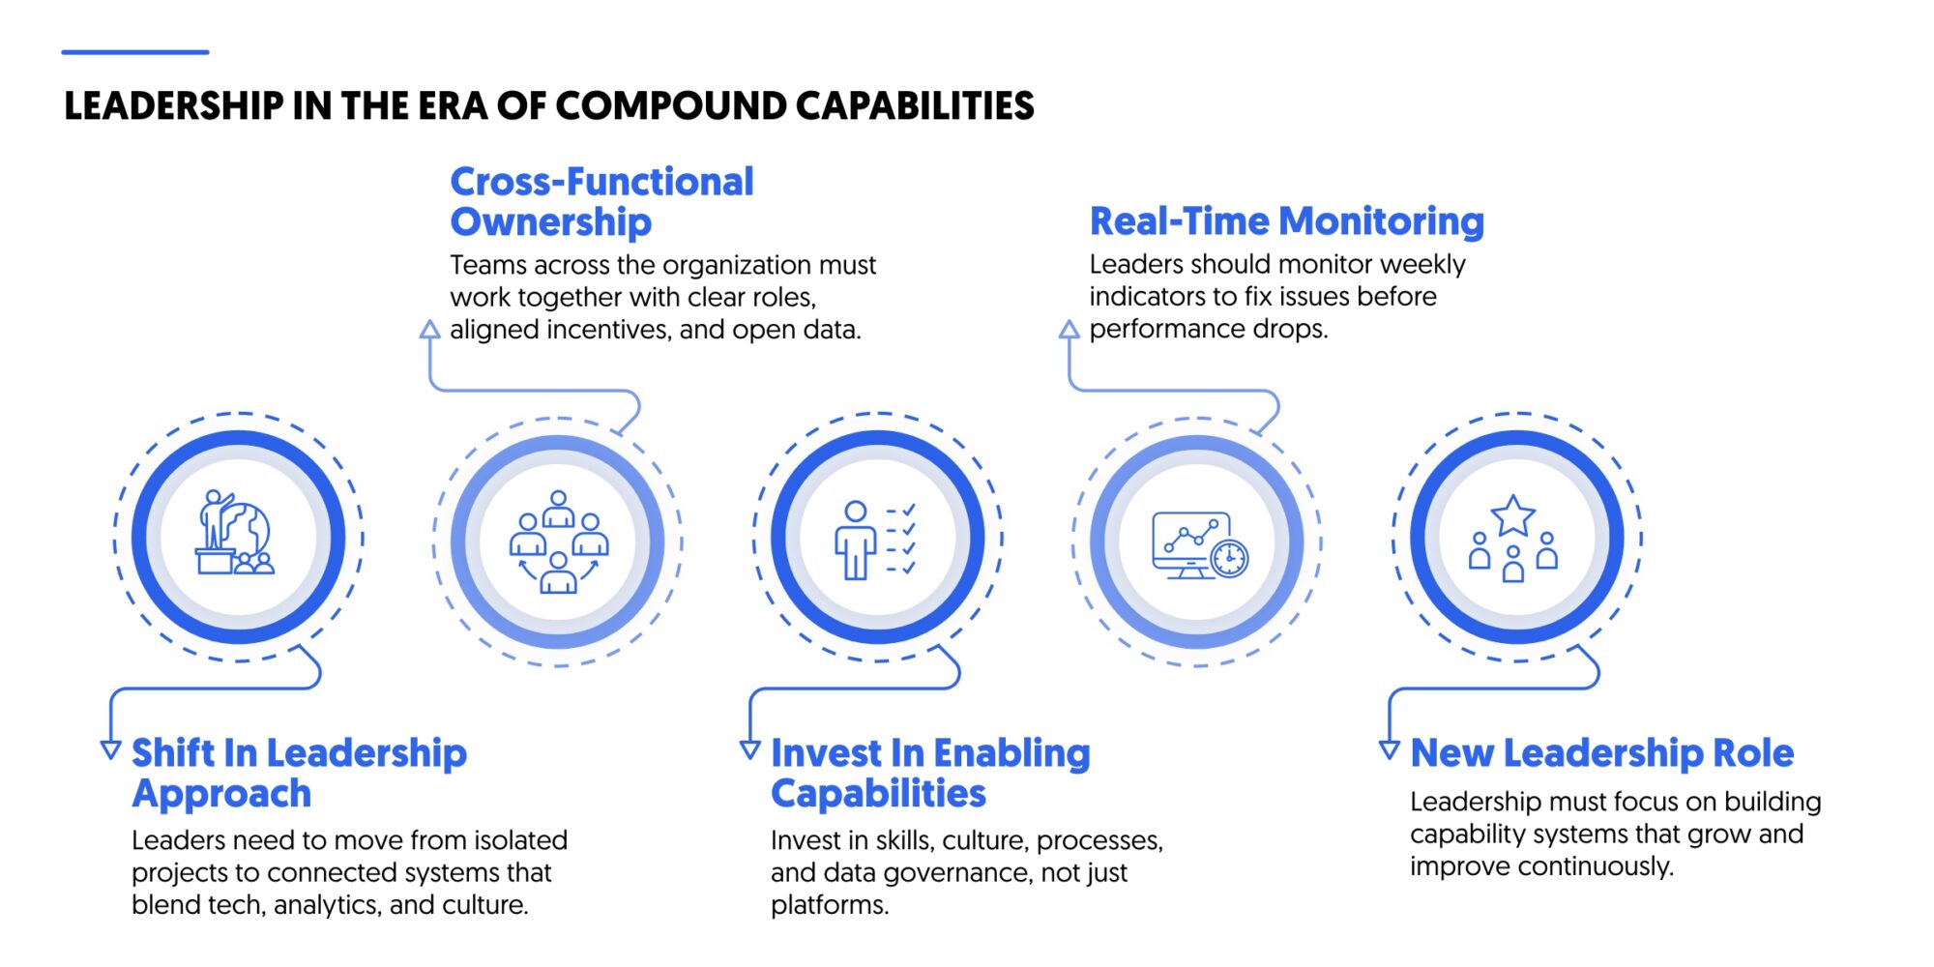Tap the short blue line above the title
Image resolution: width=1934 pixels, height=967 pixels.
(135, 52)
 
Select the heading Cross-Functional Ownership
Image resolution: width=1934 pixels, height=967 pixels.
(601, 201)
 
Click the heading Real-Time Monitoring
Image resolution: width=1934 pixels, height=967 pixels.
(1286, 221)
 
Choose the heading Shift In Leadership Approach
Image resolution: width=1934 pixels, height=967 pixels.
(299, 773)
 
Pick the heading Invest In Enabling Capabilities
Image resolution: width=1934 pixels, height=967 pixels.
(929, 773)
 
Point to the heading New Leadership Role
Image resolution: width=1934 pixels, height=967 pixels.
(1601, 753)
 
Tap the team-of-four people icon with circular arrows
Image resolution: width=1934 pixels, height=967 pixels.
(558, 541)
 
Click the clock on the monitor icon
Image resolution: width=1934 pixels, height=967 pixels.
(1229, 558)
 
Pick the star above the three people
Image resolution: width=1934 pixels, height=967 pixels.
(1512, 516)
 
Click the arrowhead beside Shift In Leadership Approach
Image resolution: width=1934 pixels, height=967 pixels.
(111, 749)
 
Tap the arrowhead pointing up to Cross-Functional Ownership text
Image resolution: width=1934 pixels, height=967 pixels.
(430, 330)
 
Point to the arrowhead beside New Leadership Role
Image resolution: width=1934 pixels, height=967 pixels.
(1390, 749)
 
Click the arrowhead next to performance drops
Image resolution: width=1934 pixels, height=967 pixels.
(1070, 330)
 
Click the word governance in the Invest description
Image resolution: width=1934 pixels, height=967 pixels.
(957, 872)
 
